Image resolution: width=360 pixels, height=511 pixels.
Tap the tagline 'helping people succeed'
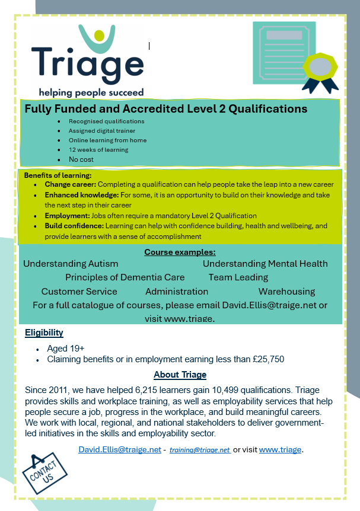tap(91, 92)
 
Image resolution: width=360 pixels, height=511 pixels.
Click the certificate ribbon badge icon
tap(320, 69)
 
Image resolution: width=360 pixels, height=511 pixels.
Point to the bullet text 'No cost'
tap(81, 159)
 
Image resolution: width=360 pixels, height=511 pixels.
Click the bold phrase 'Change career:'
tap(69, 184)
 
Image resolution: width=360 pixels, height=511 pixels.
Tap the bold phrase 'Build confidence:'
tap(74, 226)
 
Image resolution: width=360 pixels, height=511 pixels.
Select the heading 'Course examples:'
tap(180, 252)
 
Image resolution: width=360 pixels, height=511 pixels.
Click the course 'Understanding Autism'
tap(71, 264)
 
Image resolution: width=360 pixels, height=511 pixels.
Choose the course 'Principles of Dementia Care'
tap(125, 277)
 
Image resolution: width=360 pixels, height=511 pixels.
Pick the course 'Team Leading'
tap(238, 277)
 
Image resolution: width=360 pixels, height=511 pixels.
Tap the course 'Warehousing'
tap(286, 292)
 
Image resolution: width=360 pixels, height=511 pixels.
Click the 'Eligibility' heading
tap(44, 333)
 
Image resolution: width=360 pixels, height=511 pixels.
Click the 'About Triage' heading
tap(180, 375)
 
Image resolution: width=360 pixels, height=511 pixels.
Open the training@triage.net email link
tap(200, 450)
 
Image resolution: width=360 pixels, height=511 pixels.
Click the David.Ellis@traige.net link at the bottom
tap(120, 449)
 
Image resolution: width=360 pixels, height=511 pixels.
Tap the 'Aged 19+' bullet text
tap(66, 349)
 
